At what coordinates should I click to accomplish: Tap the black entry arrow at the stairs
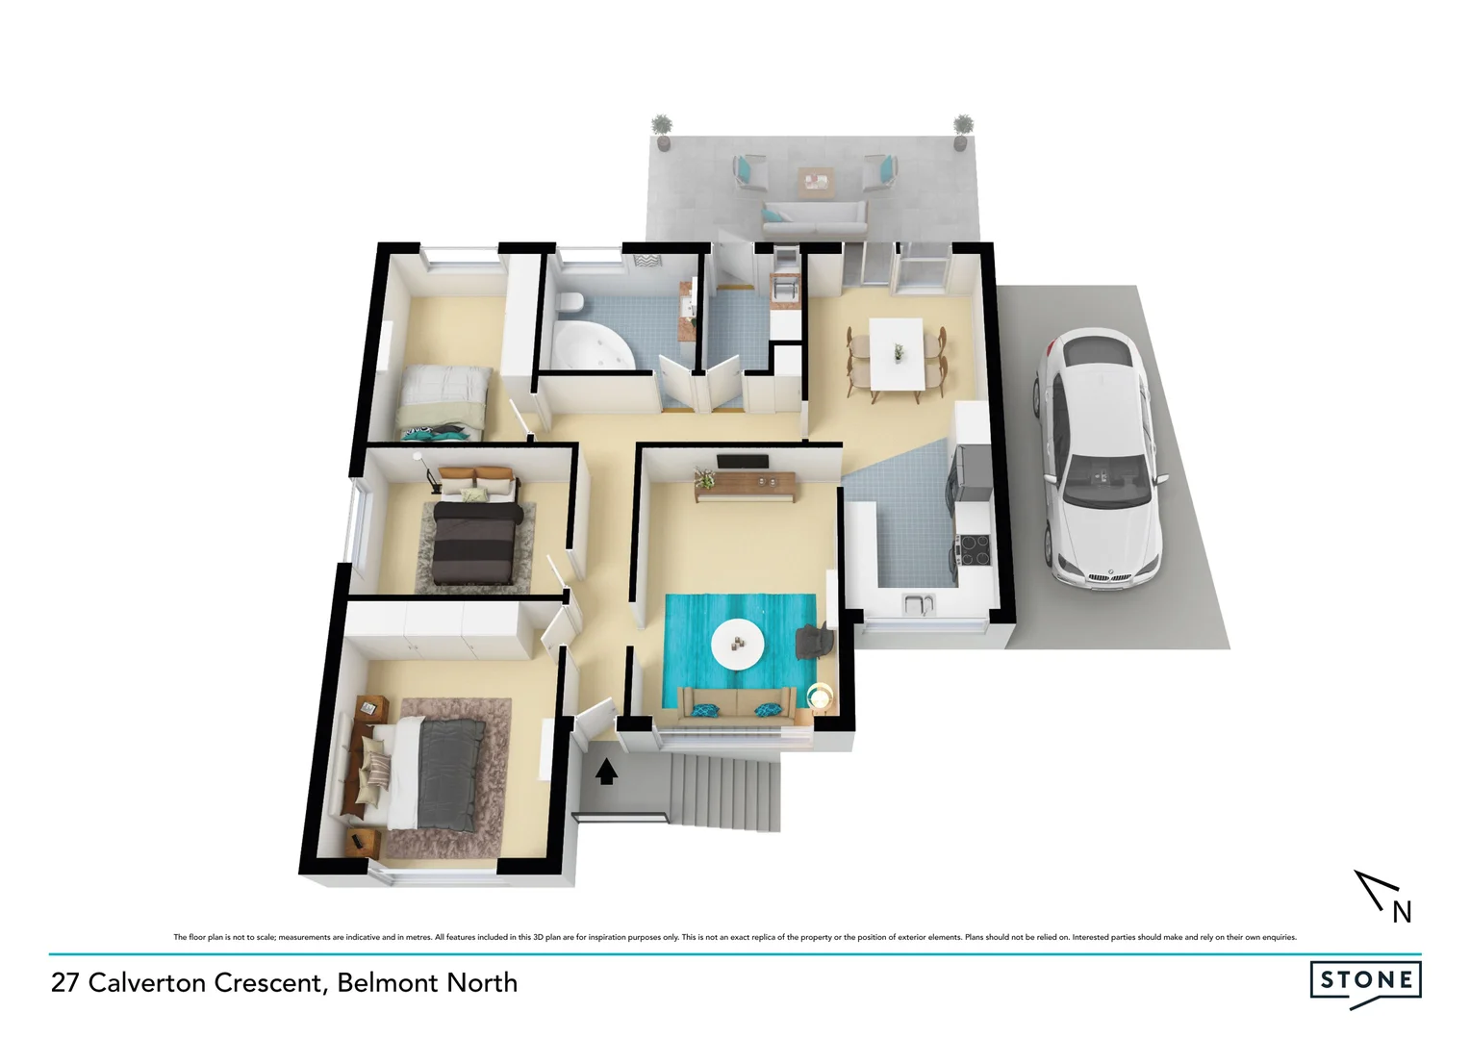606,772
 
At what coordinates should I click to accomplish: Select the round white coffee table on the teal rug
738,644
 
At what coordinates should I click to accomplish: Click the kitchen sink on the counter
918,605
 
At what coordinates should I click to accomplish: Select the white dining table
896,353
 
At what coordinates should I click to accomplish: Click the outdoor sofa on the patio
814,217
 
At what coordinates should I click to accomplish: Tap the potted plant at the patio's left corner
661,130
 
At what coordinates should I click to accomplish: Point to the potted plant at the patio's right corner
962,131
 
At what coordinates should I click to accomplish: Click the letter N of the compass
1402,912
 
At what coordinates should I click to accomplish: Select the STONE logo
1365,981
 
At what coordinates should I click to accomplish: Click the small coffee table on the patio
815,179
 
